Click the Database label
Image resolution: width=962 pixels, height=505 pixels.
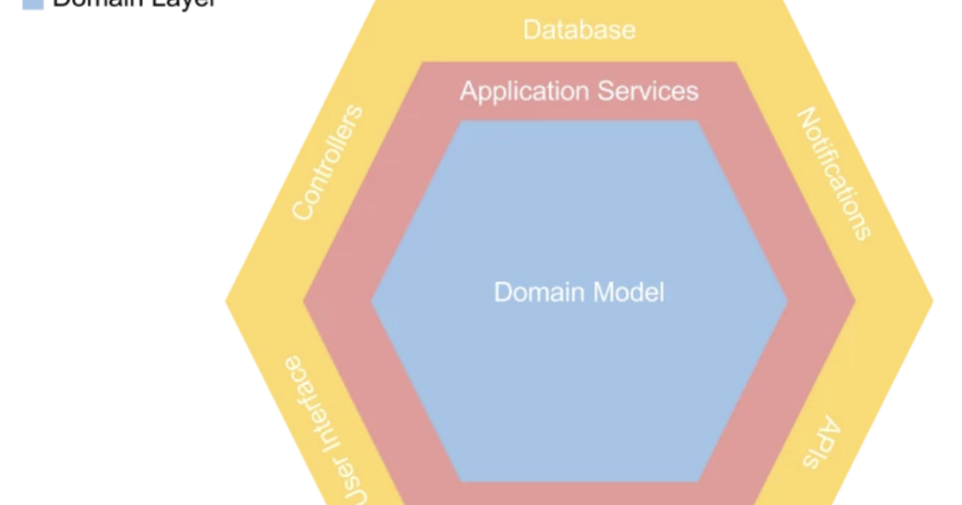(579, 30)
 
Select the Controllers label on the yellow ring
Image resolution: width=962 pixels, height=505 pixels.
(327, 163)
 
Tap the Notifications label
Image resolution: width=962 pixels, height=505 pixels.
(833, 175)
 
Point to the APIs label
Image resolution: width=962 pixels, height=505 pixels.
(821, 444)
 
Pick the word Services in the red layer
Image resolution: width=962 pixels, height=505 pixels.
(649, 91)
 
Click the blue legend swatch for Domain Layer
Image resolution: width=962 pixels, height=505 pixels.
(32, 3)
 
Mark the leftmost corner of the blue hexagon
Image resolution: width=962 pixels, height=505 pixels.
(371, 301)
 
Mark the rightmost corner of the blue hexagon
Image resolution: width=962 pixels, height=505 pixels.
(787, 301)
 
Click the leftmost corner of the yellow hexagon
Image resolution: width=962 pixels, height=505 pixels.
(226, 301)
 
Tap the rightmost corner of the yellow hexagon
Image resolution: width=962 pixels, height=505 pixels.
(933, 301)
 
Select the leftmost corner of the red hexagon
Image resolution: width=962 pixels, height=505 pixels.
(304, 301)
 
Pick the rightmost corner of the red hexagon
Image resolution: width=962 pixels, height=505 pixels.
(855, 301)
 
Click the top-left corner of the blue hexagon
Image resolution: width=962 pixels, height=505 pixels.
(460, 122)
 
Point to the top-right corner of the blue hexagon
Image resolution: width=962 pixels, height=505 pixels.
(698, 122)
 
